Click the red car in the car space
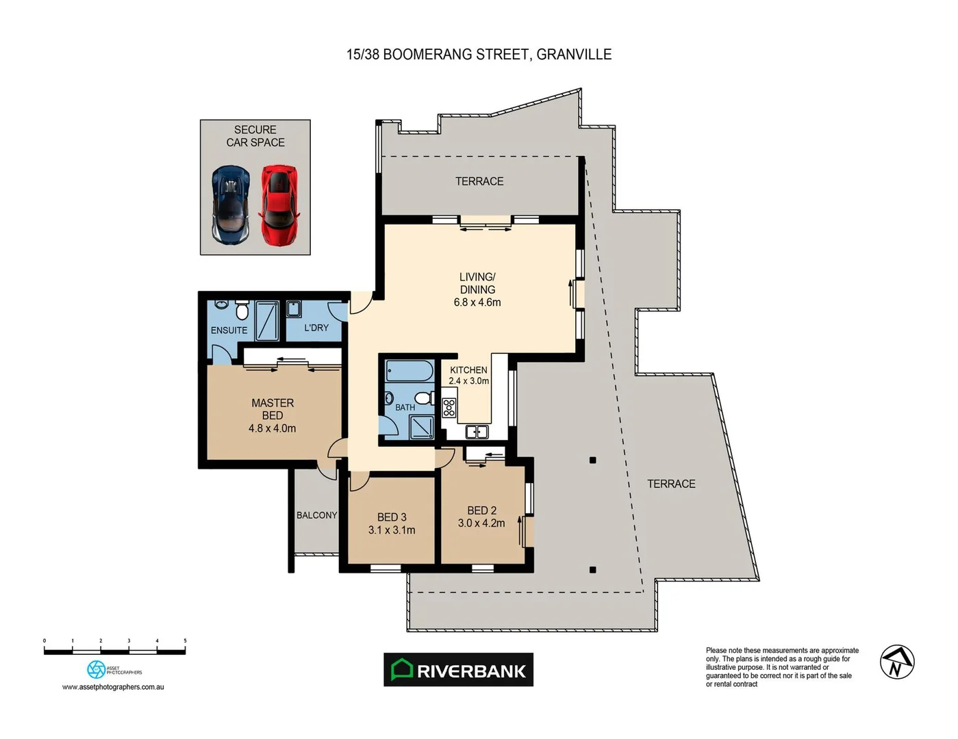(x=279, y=205)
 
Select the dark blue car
(x=231, y=205)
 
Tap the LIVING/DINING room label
(x=477, y=283)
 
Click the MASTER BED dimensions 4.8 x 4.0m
(x=272, y=428)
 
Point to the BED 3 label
(x=392, y=517)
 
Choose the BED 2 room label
(x=481, y=510)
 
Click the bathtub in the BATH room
(x=409, y=372)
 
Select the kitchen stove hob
(x=449, y=408)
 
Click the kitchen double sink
(x=477, y=431)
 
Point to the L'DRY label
(x=316, y=328)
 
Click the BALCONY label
(x=316, y=515)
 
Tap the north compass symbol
(x=897, y=662)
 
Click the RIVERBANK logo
(x=458, y=670)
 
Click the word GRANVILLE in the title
(x=574, y=55)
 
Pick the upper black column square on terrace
(x=593, y=461)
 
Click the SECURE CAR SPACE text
(x=255, y=136)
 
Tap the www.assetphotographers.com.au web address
(x=113, y=687)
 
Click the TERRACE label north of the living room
(x=479, y=181)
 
